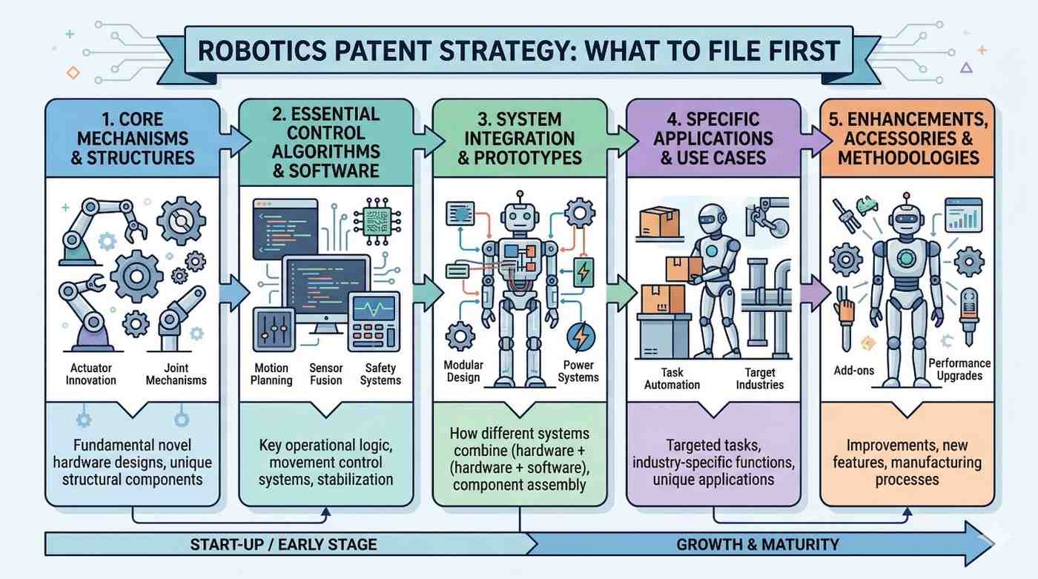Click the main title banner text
pyautogui.click(x=518, y=50)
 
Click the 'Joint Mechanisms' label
pyautogui.click(x=176, y=374)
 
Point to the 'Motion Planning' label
pyautogui.click(x=276, y=374)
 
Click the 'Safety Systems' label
pyautogui.click(x=381, y=374)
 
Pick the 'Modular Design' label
pyautogui.click(x=463, y=371)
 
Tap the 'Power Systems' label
pyautogui.click(x=578, y=371)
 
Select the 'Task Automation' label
pyautogui.click(x=672, y=378)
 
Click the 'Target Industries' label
pyautogui.click(x=760, y=378)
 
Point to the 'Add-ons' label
pyautogui.click(x=853, y=370)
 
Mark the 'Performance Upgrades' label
pyautogui.click(x=959, y=369)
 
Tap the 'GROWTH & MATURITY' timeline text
pyautogui.click(x=758, y=544)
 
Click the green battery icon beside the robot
pyautogui.click(x=584, y=271)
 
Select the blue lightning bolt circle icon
pyautogui.click(x=580, y=337)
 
